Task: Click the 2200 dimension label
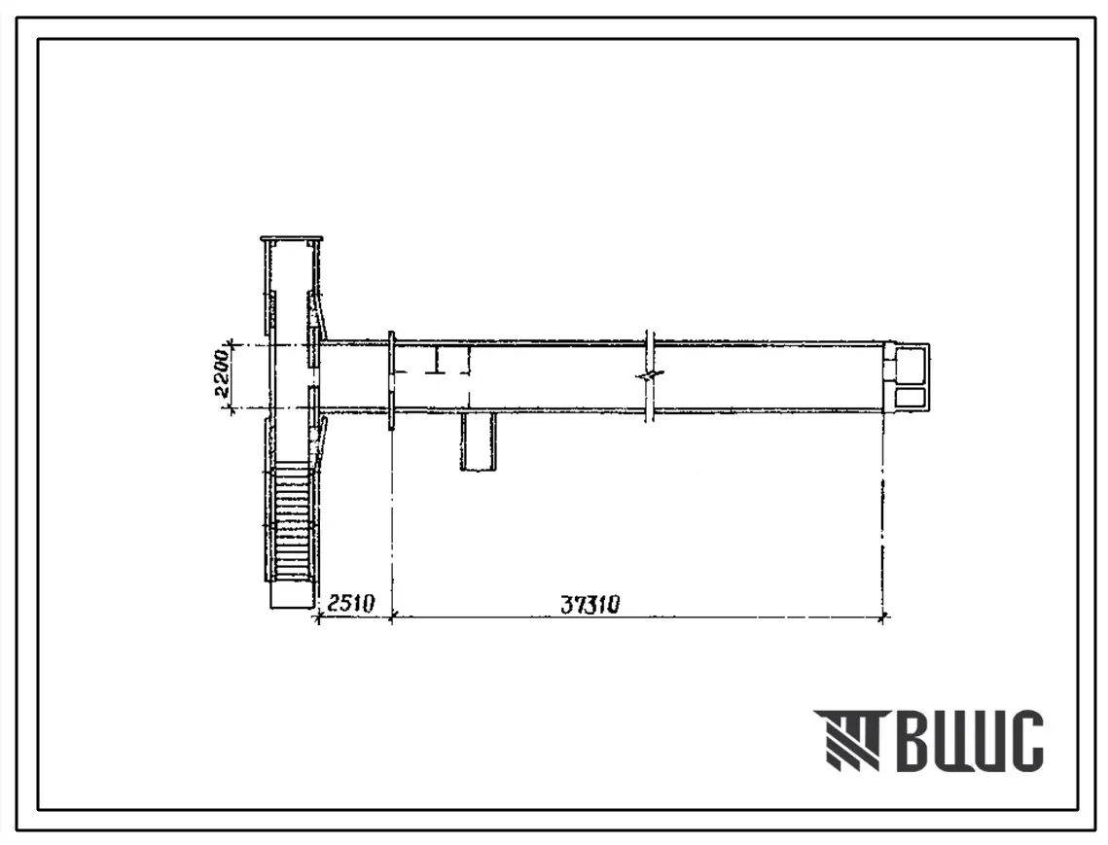222,375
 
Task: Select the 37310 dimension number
590,605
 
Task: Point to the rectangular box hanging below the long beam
479,442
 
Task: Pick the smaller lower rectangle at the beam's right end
912,398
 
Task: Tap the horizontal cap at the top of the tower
291,239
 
